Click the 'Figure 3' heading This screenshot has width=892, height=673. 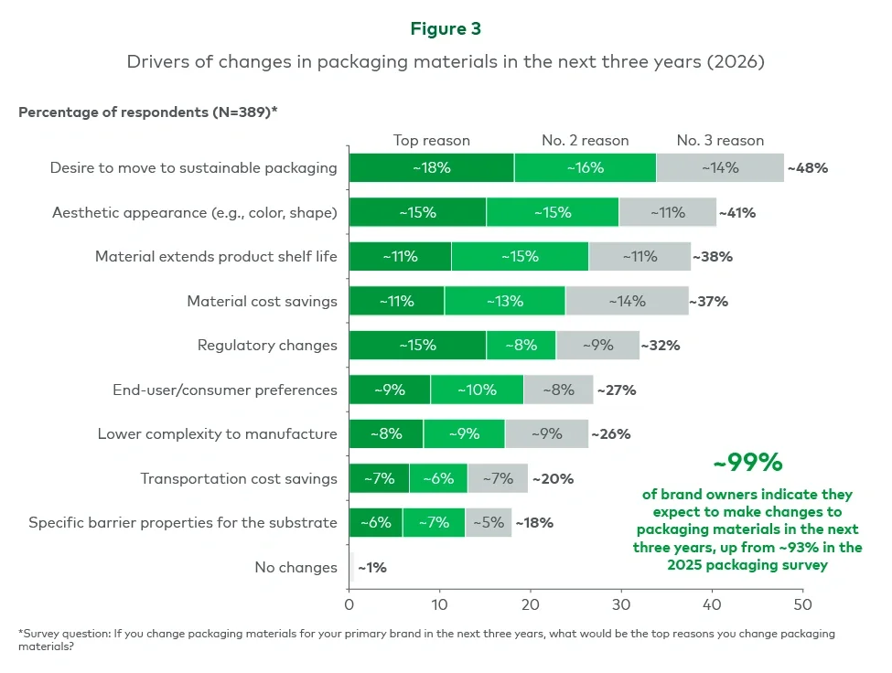[446, 28]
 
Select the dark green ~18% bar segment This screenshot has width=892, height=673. [431, 167]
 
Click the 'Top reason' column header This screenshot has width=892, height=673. [431, 140]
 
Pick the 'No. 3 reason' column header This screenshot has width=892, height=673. [720, 140]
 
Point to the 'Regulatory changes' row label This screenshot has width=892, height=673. [267, 345]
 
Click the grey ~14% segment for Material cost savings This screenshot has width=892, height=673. [627, 301]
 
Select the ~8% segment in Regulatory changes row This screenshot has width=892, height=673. [521, 346]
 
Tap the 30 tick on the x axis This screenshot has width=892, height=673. [621, 605]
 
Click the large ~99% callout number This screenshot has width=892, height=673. [747, 463]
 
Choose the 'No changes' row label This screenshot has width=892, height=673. [296, 567]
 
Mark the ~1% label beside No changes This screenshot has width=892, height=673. [371, 568]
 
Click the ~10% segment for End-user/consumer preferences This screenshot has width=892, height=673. [477, 390]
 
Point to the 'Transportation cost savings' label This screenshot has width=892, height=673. [239, 478]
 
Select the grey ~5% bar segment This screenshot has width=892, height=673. [488, 523]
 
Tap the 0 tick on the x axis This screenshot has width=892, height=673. [349, 605]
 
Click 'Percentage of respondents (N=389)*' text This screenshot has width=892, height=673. [148, 112]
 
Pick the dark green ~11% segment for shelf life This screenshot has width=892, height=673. [400, 256]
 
